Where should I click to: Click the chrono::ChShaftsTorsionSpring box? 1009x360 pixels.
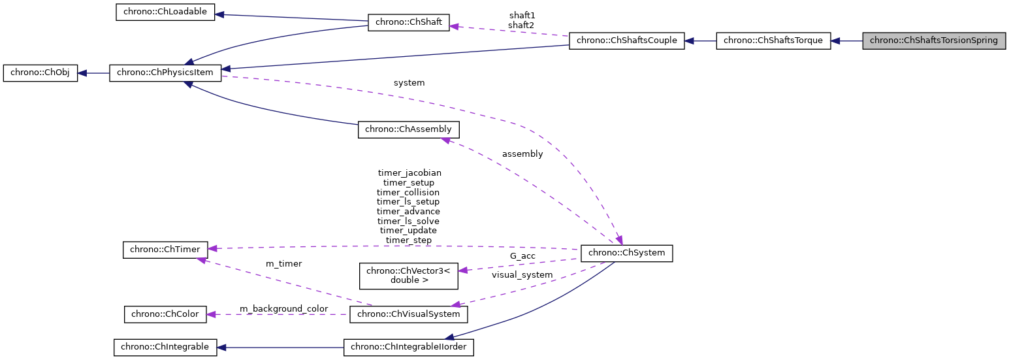(934, 41)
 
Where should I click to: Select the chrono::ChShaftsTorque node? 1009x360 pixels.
(773, 41)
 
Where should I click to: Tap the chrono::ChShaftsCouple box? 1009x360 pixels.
(626, 41)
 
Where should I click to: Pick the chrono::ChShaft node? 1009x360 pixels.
(409, 22)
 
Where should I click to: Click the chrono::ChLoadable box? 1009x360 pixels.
(165, 12)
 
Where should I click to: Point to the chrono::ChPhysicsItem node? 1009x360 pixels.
(165, 73)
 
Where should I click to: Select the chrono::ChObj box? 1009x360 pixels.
(40, 73)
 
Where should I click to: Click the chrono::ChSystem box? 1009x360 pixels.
(626, 253)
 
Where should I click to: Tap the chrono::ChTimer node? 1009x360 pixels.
(165, 249)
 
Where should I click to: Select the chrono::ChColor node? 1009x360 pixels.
(165, 314)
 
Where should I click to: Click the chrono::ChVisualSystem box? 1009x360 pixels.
(409, 314)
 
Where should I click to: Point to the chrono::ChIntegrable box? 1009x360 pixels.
(165, 347)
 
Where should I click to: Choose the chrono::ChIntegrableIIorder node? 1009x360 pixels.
(409, 347)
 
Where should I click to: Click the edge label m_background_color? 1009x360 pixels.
(283, 308)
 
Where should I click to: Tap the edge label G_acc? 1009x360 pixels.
(522, 255)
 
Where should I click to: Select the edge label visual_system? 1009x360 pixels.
(522, 275)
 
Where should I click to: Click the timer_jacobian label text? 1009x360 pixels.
(409, 173)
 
